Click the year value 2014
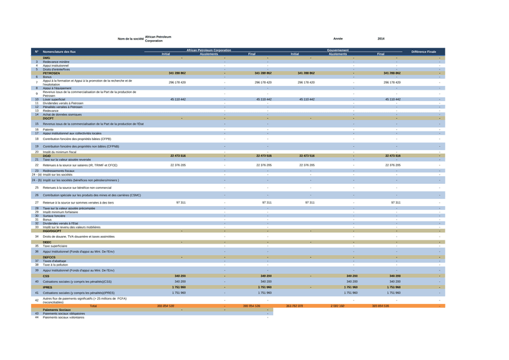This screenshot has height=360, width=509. [x=380, y=39]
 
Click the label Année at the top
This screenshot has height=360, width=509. [x=338, y=39]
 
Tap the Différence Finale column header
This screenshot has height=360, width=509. [x=424, y=52]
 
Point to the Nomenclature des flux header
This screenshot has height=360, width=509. [x=59, y=52]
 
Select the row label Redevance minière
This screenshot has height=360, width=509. [x=56, y=62]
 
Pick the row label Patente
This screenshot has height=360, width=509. [x=49, y=129]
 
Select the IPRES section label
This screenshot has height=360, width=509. [x=48, y=287]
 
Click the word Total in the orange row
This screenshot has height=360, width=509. [x=94, y=306]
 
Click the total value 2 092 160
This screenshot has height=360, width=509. [x=337, y=306]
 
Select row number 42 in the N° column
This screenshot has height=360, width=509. [x=37, y=300]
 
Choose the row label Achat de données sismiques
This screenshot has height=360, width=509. [x=64, y=114]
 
